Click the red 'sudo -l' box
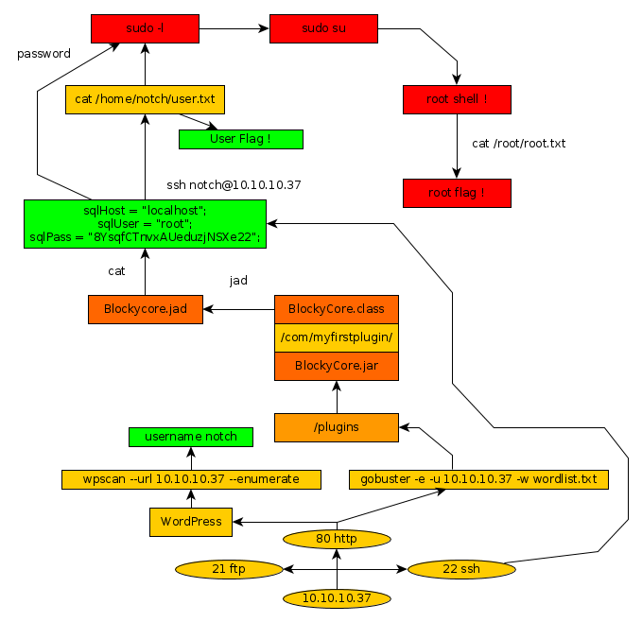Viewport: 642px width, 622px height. (x=145, y=28)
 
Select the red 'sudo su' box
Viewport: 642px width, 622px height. (x=323, y=28)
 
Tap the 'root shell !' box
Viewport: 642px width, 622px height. (x=457, y=99)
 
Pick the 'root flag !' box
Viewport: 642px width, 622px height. (x=457, y=193)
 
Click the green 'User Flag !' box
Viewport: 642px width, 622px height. (x=240, y=139)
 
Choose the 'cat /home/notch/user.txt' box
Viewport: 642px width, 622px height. (x=145, y=99)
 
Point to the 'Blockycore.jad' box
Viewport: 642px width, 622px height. (x=145, y=310)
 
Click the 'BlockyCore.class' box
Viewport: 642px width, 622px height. (x=337, y=309)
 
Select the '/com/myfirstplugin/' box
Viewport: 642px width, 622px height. (x=337, y=337)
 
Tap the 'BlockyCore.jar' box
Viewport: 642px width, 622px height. (x=337, y=366)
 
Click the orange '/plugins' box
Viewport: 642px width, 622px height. (x=337, y=427)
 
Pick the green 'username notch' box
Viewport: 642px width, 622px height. (x=191, y=436)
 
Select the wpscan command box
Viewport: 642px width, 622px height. (x=191, y=479)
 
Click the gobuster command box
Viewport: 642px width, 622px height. (x=478, y=479)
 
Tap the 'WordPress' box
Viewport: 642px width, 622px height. (x=191, y=521)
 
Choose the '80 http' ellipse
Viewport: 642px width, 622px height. (x=337, y=539)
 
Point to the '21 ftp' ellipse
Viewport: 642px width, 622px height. (x=230, y=570)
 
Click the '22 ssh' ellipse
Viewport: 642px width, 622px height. (x=460, y=570)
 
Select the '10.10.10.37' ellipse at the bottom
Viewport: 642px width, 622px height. (x=337, y=598)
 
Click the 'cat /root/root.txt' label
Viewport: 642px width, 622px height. (x=518, y=144)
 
